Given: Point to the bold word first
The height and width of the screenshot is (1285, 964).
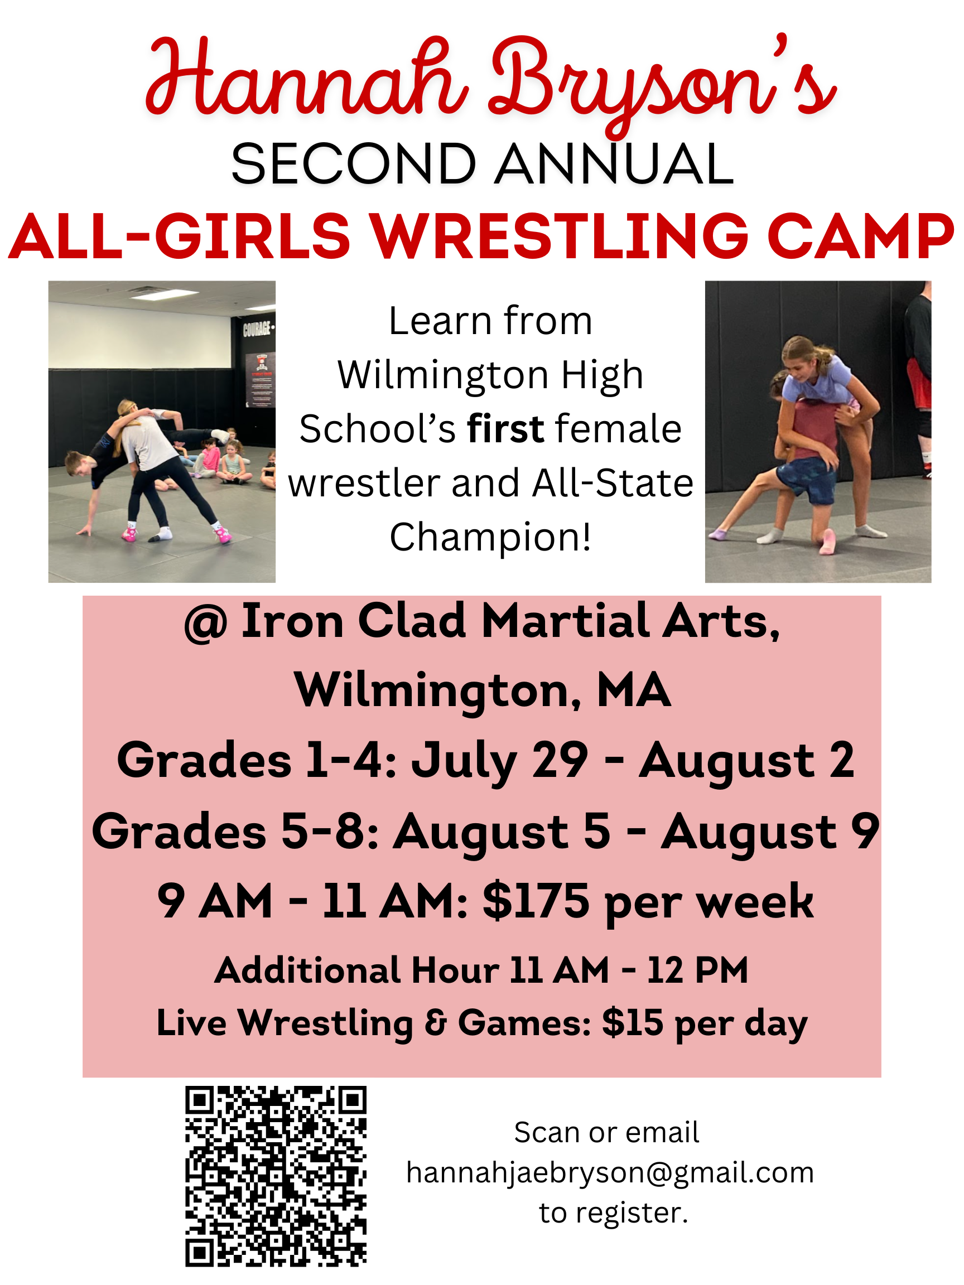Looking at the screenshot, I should click(505, 429).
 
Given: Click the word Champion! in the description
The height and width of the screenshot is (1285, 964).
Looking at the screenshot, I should click(490, 537).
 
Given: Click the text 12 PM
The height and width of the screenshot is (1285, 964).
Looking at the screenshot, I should click(697, 970).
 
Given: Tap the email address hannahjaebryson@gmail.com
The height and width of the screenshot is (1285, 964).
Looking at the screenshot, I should click(610, 1172).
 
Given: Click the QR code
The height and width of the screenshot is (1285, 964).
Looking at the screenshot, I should click(276, 1176).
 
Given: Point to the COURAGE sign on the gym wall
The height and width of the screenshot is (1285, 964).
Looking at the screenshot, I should click(257, 330).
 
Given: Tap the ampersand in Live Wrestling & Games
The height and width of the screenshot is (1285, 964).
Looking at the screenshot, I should click(435, 1023).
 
